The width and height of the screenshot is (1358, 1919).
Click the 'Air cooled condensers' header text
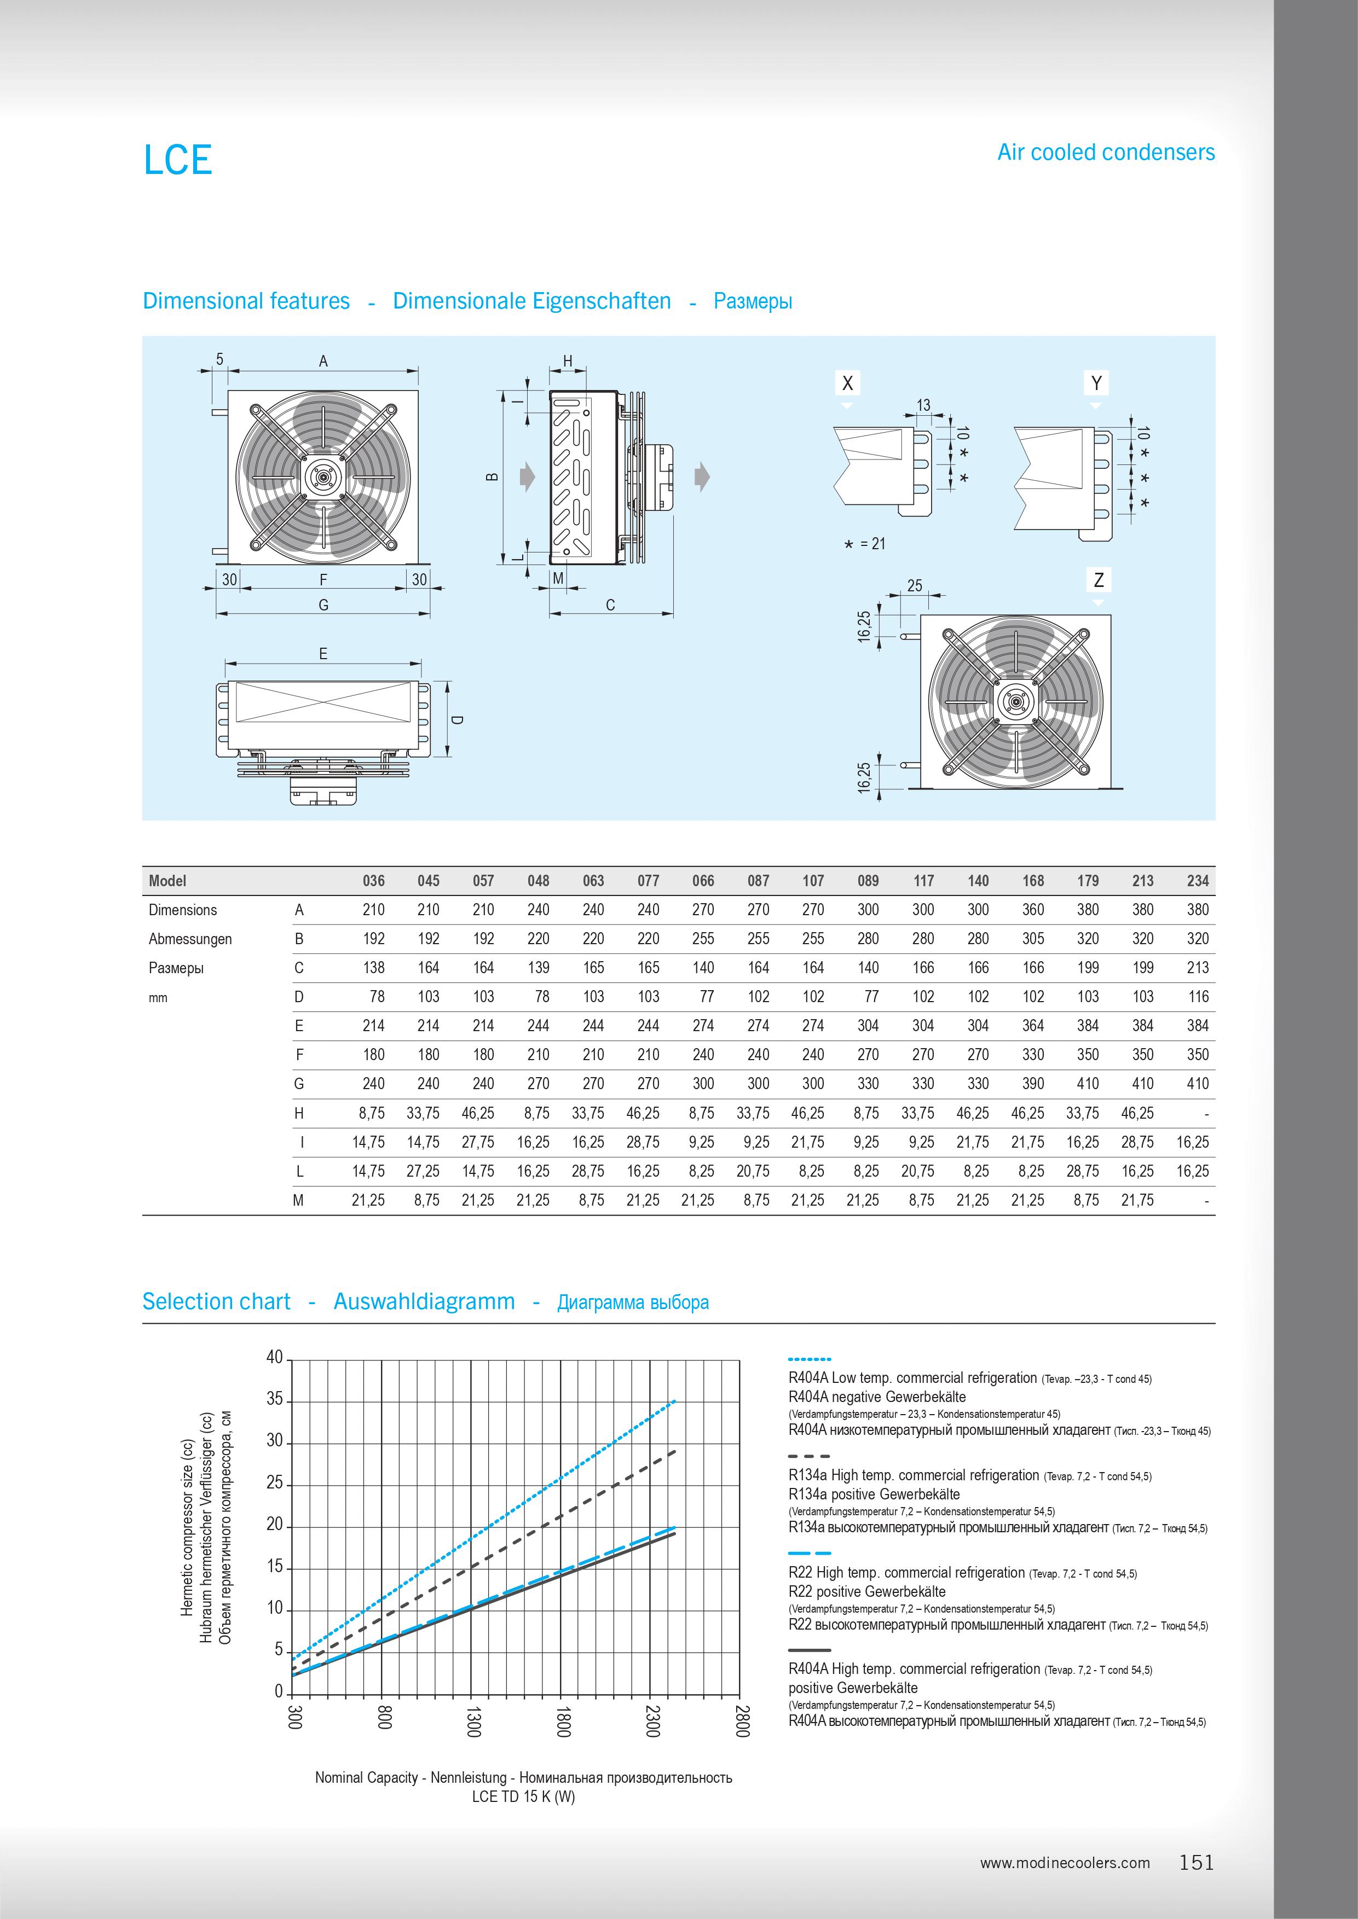[1106, 152]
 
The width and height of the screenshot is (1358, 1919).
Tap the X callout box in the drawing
[847, 383]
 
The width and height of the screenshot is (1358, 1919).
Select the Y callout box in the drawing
[1096, 383]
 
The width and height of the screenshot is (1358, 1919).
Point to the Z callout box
[1099, 580]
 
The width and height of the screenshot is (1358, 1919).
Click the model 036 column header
[373, 881]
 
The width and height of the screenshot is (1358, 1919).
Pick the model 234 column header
[1198, 881]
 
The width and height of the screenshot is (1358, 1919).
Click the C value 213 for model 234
[1198, 968]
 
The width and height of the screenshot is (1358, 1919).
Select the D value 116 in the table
[1198, 997]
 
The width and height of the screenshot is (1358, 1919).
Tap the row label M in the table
[298, 1200]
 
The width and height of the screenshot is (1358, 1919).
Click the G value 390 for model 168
[1033, 1084]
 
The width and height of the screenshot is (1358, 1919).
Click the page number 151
[1197, 1862]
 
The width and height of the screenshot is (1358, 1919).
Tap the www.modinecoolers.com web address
[1065, 1863]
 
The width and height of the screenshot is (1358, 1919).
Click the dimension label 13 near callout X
[923, 405]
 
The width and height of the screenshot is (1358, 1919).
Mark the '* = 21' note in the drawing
[865, 544]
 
